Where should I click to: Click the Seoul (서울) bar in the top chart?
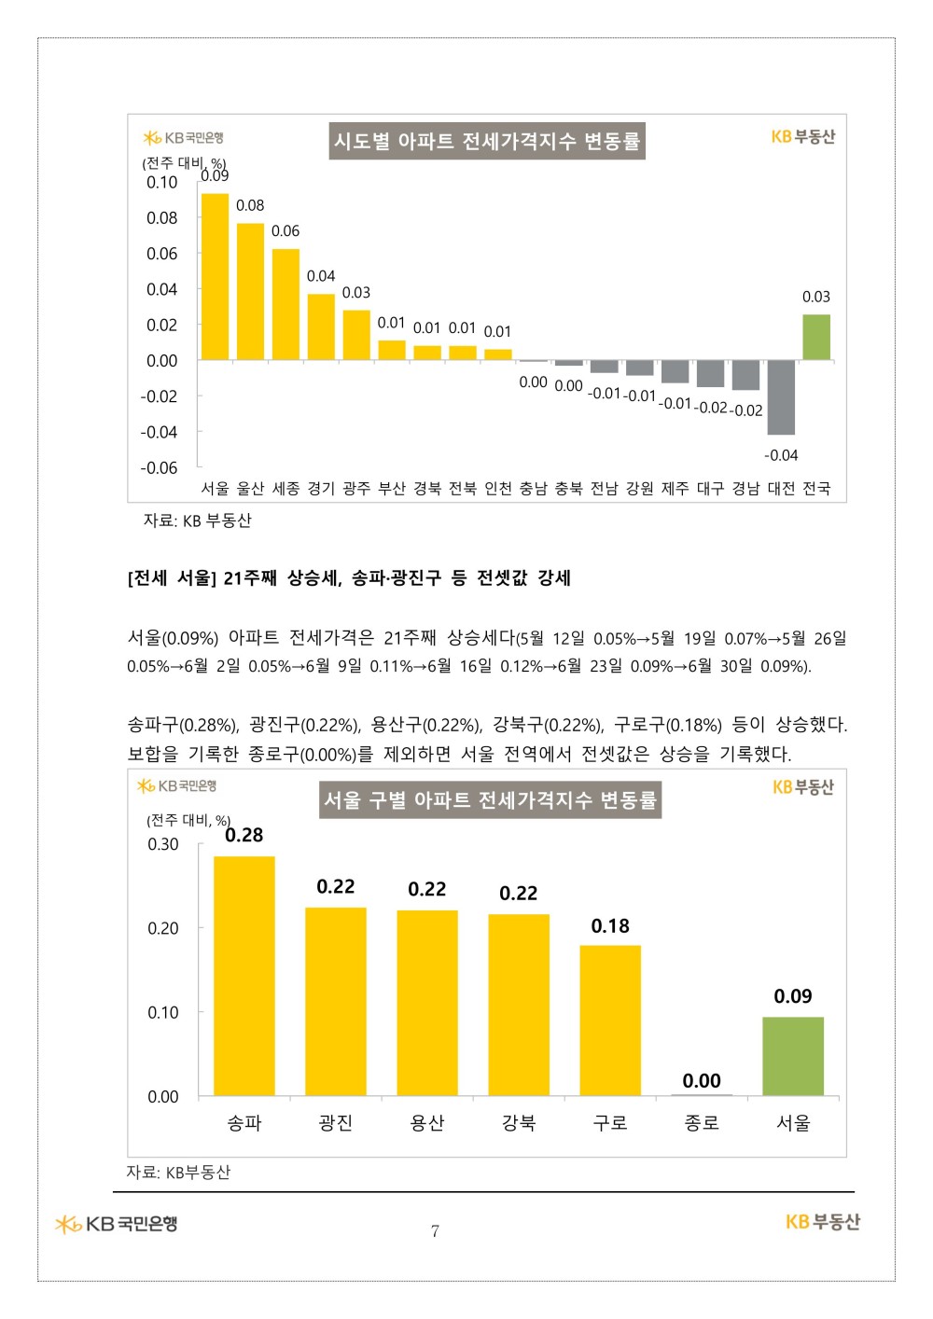click(x=215, y=277)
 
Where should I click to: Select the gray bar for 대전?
click(x=781, y=397)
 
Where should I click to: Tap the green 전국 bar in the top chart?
click(x=816, y=337)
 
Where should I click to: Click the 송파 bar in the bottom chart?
click(x=244, y=976)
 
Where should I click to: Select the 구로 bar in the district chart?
click(x=610, y=1020)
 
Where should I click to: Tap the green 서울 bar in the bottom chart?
click(x=793, y=1056)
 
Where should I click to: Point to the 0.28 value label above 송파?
click(x=244, y=835)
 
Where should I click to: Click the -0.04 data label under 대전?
click(x=781, y=455)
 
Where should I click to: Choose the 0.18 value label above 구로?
click(x=610, y=926)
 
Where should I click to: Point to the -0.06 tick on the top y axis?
click(x=159, y=467)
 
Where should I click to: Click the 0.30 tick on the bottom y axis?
click(x=163, y=844)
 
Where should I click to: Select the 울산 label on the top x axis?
click(x=250, y=489)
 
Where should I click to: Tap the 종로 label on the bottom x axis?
click(x=702, y=1123)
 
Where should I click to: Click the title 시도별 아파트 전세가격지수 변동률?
click(x=487, y=142)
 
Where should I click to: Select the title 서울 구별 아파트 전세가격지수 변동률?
click(x=490, y=800)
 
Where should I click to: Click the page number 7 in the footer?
click(x=435, y=1231)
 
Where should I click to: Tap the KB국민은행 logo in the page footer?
click(x=117, y=1224)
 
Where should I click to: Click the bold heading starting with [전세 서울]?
click(x=349, y=578)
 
